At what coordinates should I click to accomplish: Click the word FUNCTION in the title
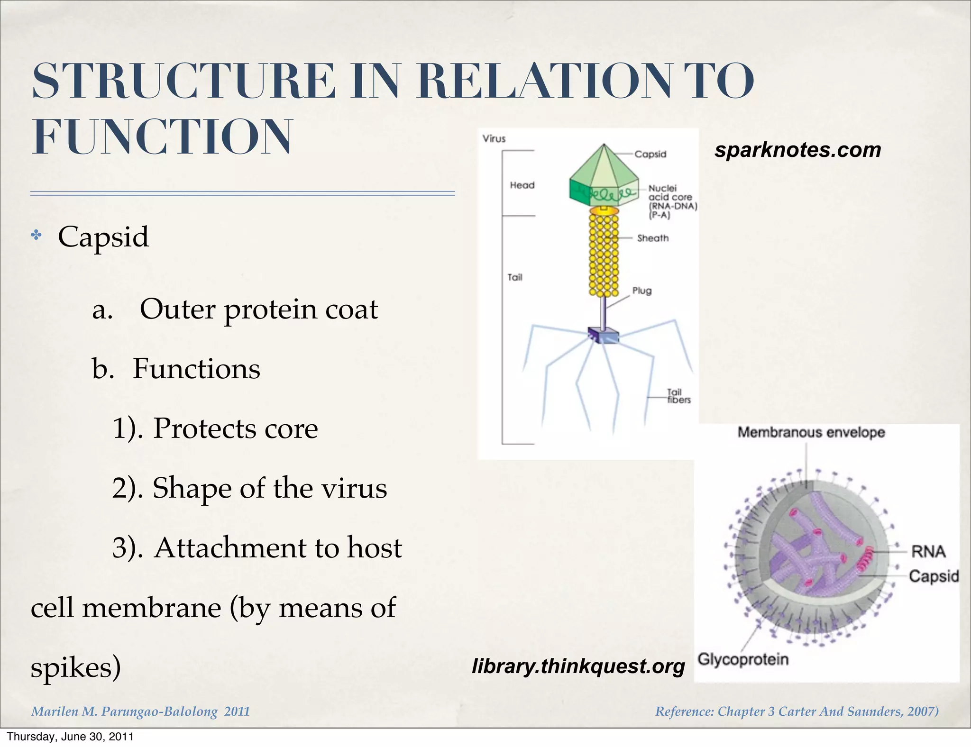point(162,137)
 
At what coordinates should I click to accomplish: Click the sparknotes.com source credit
point(797,150)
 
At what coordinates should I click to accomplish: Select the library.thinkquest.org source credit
point(578,666)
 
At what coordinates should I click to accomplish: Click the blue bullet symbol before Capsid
point(36,235)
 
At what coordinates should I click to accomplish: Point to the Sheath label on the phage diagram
point(652,238)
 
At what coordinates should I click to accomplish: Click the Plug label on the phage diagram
point(641,291)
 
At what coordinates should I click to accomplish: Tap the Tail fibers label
point(678,396)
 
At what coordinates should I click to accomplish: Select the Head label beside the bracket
point(522,185)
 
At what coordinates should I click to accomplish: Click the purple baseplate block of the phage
point(604,335)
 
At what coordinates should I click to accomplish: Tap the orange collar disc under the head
point(604,210)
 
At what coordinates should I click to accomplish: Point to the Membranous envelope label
point(811,432)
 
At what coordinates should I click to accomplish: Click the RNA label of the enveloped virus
point(928,551)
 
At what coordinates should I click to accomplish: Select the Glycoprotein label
point(743,659)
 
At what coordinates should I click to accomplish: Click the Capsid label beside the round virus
point(933,576)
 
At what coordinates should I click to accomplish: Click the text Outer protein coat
point(258,309)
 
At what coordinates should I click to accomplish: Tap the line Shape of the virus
point(269,488)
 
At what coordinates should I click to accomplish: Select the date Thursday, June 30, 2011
point(70,737)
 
